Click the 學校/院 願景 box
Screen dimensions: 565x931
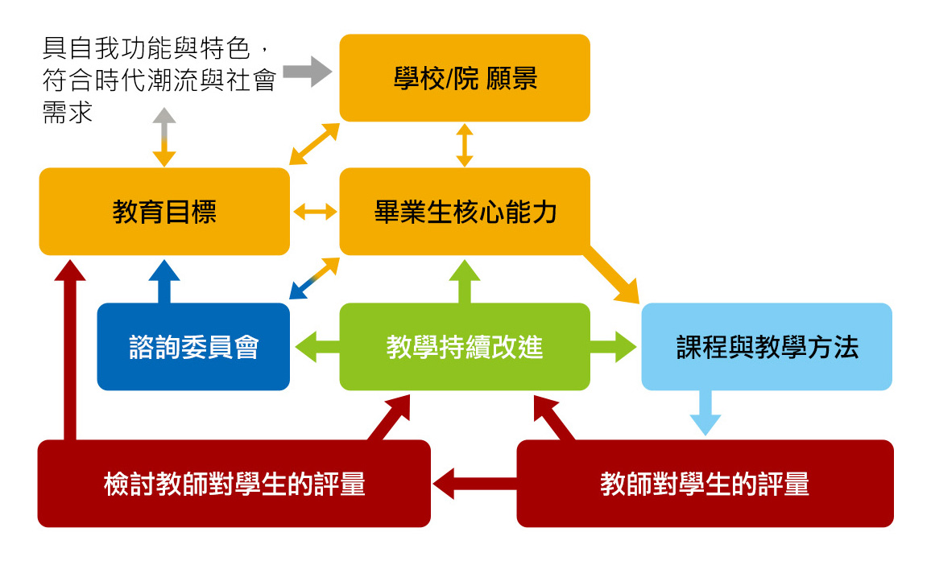click(x=465, y=78)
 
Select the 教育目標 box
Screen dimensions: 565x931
click(x=164, y=212)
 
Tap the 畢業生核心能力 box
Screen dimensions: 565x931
click(x=465, y=212)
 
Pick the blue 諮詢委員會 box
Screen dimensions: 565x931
click(x=193, y=347)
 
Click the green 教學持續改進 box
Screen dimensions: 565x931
click(x=465, y=347)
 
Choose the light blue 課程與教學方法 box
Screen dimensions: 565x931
click(x=767, y=347)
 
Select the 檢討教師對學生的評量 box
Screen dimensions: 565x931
click(x=234, y=484)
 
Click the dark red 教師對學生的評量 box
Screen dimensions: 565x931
click(x=705, y=484)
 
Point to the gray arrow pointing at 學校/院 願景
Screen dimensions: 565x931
click(x=308, y=72)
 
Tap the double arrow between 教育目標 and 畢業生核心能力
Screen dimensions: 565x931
click(x=315, y=212)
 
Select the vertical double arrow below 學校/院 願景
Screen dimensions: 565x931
click(x=465, y=145)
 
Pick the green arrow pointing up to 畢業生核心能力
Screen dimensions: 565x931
click(x=465, y=282)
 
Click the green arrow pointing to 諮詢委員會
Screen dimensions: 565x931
click(x=316, y=347)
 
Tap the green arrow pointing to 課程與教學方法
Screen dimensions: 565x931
click(x=614, y=347)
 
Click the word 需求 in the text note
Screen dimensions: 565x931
click(x=68, y=112)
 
